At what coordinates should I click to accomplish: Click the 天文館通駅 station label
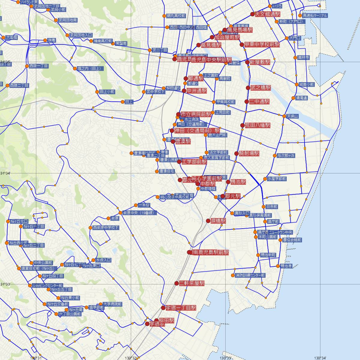pos(267,14)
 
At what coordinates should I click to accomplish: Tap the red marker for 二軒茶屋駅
pos(177,283)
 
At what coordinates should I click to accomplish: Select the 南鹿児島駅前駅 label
pos(211,252)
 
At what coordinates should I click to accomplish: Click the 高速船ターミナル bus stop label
pos(315,16)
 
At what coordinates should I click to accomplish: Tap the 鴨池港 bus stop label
pos(286,266)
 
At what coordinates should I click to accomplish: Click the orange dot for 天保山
pos(284,116)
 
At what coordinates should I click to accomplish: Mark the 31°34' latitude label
pos(5,173)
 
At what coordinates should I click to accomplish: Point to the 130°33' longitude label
pos(226,358)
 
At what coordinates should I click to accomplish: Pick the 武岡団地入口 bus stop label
pos(81,35)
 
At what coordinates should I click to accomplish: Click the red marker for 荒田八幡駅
pos(242,125)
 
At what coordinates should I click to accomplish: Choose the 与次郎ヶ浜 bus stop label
pos(286,155)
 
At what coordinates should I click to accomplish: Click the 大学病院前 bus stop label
pos(112,304)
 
